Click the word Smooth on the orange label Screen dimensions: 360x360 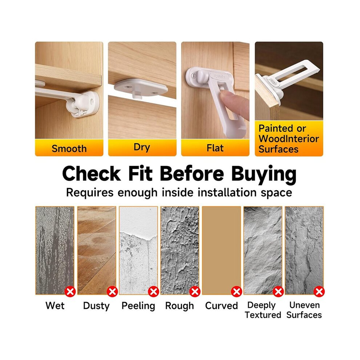pyautogui.click(x=69, y=149)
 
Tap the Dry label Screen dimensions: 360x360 pyautogui.click(x=142, y=147)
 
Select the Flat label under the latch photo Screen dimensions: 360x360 pyautogui.click(x=215, y=148)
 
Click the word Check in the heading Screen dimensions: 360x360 pyautogui.click(x=91, y=173)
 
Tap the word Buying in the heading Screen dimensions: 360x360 pyautogui.click(x=264, y=175)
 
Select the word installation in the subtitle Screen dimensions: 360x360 pyautogui.click(x=227, y=192)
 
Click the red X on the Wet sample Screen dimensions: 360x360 pyautogui.click(x=70, y=292)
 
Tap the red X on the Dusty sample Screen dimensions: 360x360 pyautogui.click(x=112, y=292)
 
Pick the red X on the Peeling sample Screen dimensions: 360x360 pyautogui.click(x=153, y=292)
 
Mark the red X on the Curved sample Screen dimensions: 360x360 pyautogui.click(x=236, y=292)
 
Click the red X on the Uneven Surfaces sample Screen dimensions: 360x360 pyautogui.click(x=319, y=292)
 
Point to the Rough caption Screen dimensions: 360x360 pyautogui.click(x=180, y=306)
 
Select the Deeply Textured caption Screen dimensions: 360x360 pyautogui.click(x=263, y=310)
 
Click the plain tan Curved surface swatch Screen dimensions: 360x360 pyautogui.click(x=221, y=250)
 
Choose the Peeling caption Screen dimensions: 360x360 pyautogui.click(x=138, y=306)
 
